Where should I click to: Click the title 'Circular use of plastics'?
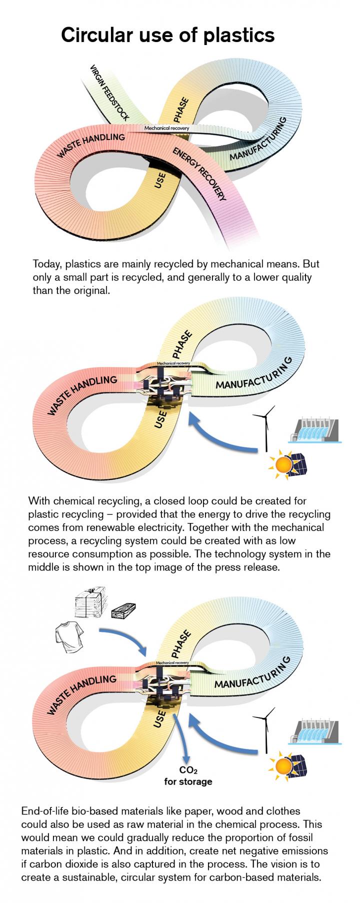click(x=167, y=35)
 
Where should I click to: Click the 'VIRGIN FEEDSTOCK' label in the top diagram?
click(x=109, y=93)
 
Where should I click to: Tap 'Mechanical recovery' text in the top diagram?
click(x=166, y=128)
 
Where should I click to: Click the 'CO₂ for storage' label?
click(x=188, y=776)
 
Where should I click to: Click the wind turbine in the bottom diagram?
click(x=264, y=727)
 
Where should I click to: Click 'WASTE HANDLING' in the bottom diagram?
click(x=82, y=695)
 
